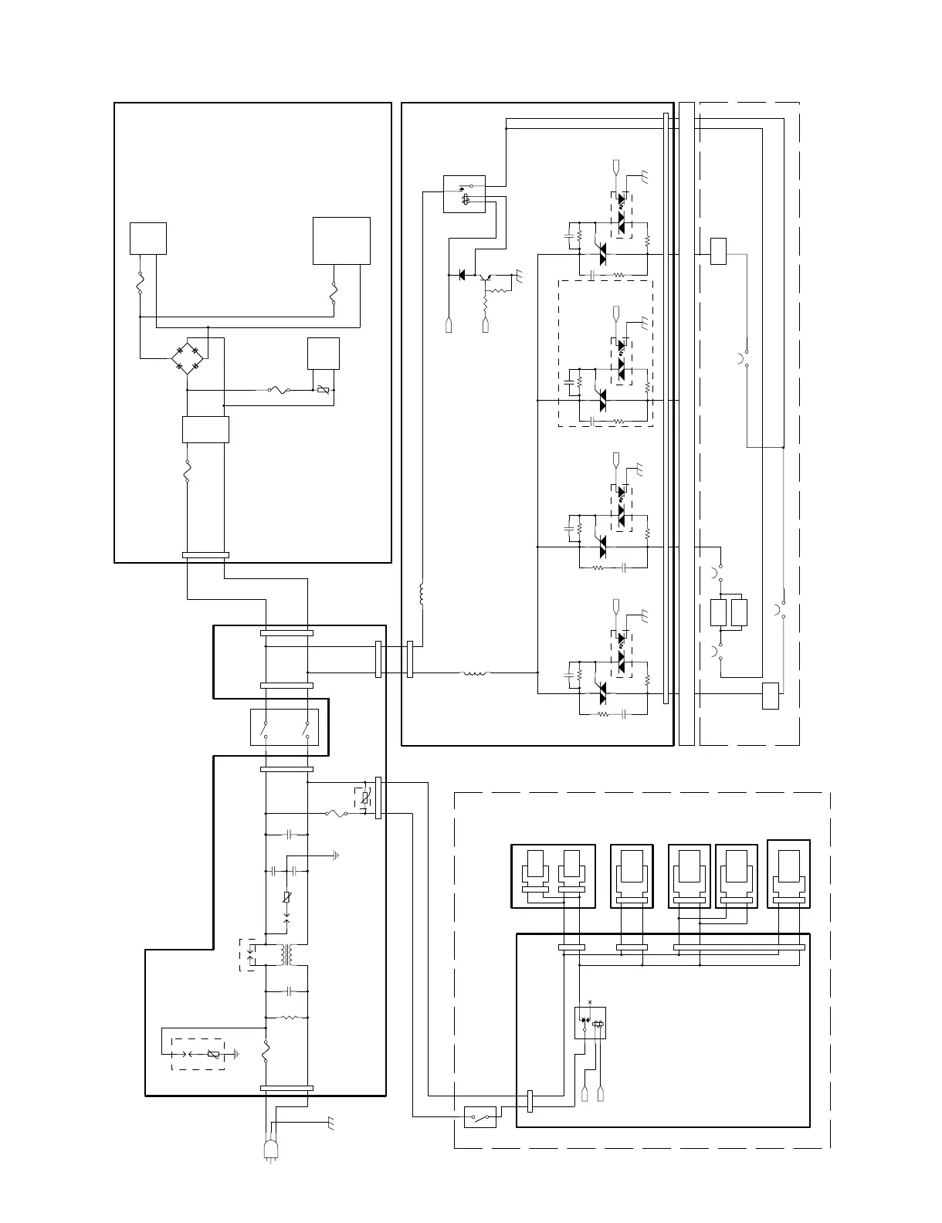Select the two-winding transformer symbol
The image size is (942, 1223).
tap(287, 955)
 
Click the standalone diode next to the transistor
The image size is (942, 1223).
tap(461, 274)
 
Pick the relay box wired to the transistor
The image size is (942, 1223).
tap(464, 194)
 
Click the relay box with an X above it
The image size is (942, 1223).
tap(590, 1022)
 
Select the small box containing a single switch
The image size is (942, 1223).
tap(480, 1116)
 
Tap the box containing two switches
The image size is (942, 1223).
tap(286, 727)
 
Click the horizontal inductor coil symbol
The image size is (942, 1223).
tap(474, 672)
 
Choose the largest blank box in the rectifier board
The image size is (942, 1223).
tap(341, 240)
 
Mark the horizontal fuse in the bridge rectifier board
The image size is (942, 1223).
tap(279, 390)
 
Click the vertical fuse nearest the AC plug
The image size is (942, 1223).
tap(266, 1051)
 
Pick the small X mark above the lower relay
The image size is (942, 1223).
tap(590, 1001)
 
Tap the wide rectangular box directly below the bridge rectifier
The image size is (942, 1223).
tap(205, 429)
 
